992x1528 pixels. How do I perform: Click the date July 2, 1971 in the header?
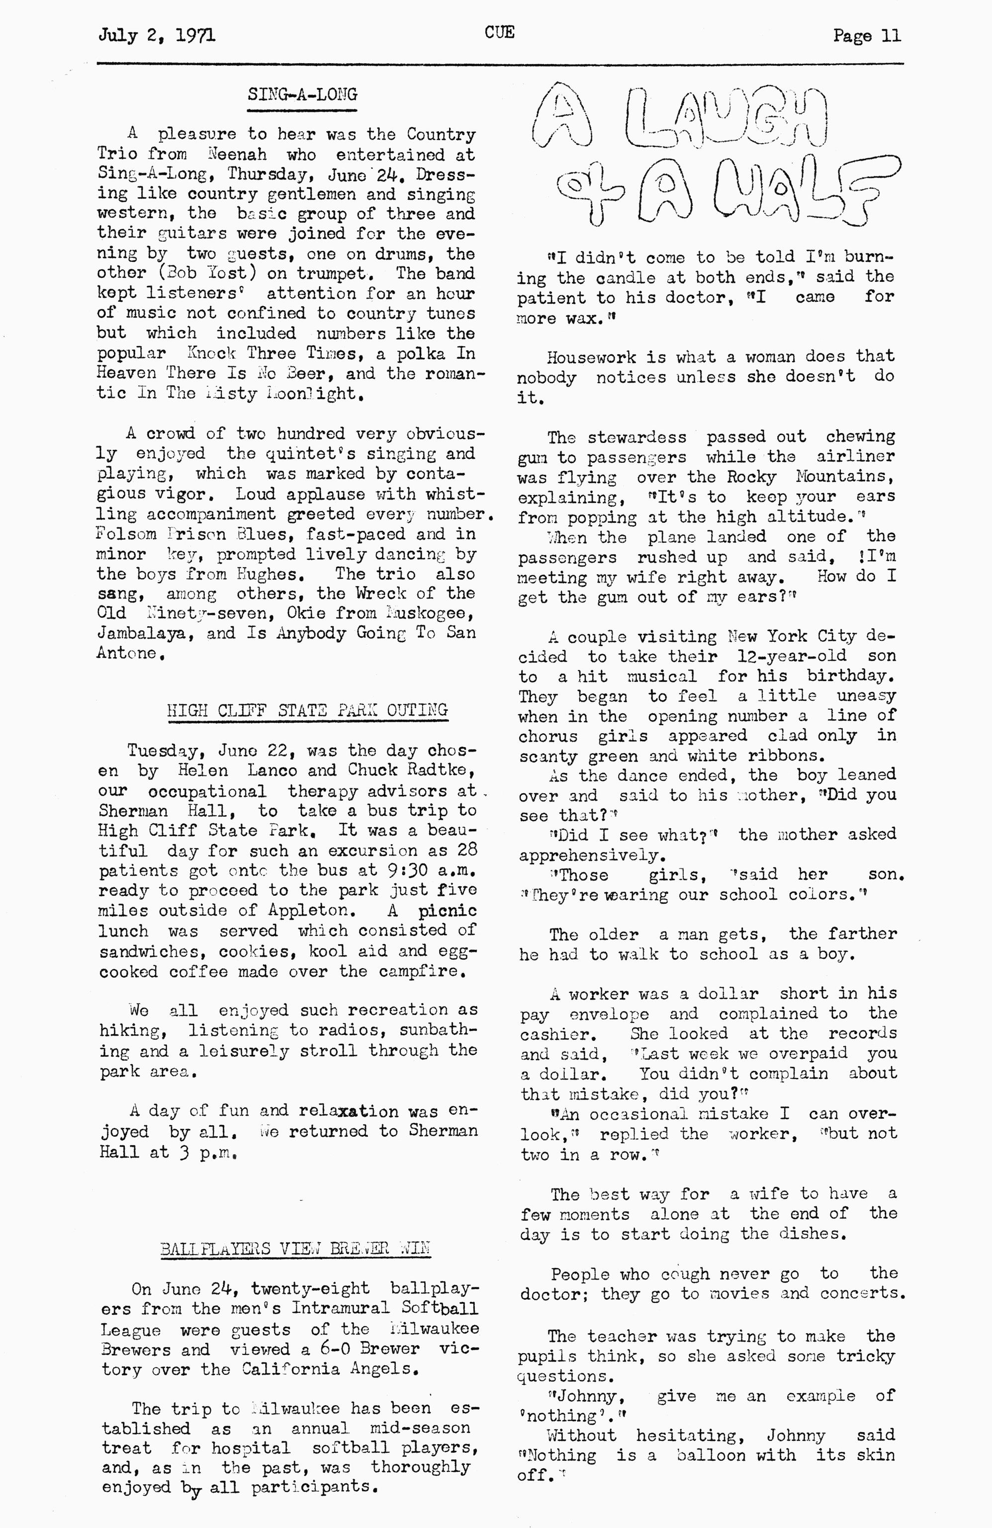click(x=157, y=35)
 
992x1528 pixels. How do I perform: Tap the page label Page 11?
click(x=866, y=35)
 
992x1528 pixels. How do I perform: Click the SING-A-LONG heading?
click(x=302, y=95)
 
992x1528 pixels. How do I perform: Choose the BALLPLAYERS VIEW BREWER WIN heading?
click(x=295, y=1249)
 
